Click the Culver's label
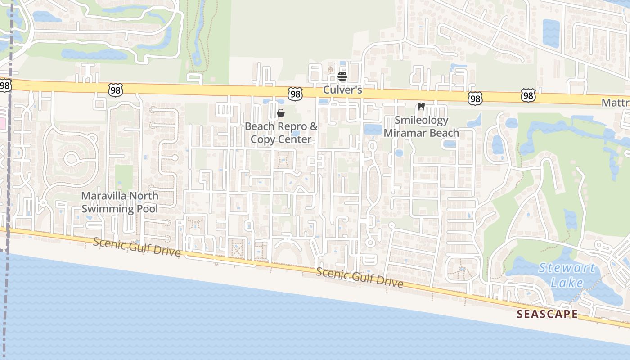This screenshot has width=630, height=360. (x=342, y=90)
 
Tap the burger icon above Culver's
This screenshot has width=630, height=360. (x=342, y=76)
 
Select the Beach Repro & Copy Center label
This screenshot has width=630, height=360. (x=281, y=133)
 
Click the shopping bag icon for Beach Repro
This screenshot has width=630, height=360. (x=281, y=112)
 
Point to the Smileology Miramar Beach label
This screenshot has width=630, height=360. (x=421, y=126)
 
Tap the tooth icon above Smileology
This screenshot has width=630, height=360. (x=421, y=107)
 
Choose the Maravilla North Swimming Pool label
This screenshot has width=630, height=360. (x=120, y=202)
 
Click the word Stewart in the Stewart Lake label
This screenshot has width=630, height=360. (x=567, y=268)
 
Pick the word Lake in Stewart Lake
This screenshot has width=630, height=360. (x=569, y=283)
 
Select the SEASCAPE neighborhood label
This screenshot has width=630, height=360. (x=547, y=314)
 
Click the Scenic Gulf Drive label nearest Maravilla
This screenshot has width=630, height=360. (x=137, y=247)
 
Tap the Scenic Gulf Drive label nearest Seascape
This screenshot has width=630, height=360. (x=359, y=277)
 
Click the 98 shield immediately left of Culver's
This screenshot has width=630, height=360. (x=295, y=94)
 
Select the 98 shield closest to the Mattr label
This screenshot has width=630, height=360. (x=528, y=95)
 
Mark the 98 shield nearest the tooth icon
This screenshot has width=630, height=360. (x=475, y=98)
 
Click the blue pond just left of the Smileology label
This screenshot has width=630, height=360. (x=373, y=130)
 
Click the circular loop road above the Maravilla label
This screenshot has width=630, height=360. (x=72, y=159)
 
